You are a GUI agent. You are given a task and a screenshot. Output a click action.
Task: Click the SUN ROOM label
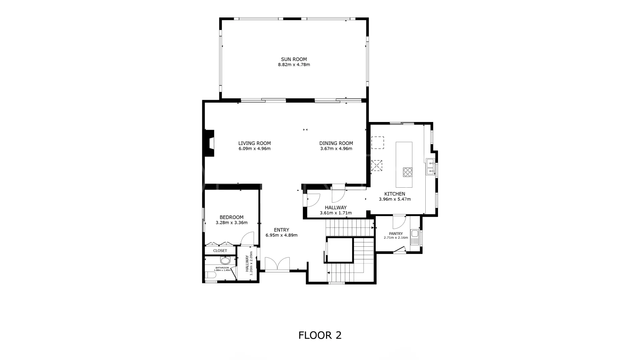294,59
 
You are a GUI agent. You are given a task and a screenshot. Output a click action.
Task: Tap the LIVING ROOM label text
254,143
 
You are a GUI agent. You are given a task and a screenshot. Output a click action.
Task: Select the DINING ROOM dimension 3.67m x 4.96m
336,149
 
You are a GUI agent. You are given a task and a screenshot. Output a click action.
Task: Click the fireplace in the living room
209,143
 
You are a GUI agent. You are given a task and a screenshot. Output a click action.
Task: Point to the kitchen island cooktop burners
407,172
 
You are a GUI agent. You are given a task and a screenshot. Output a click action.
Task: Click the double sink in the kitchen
430,167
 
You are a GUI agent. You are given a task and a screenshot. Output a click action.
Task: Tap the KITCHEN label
395,194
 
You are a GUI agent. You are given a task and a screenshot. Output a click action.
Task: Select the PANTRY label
396,234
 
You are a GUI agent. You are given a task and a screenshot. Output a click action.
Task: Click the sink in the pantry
415,237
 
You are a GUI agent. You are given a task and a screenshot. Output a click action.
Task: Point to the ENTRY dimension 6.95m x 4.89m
281,235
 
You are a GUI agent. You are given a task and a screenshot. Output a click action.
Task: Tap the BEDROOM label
231,217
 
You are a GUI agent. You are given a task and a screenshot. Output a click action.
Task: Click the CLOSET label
220,251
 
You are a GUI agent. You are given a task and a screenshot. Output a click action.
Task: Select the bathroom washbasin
225,260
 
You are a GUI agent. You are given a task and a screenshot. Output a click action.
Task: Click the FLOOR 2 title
320,335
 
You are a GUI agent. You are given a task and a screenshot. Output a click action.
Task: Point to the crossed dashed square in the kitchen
377,166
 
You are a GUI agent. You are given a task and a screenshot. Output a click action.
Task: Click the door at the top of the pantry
399,222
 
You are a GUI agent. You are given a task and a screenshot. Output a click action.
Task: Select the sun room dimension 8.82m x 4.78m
294,65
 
